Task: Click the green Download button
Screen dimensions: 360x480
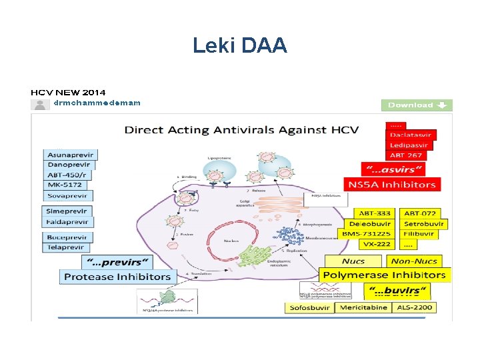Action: pyautogui.click(x=417, y=105)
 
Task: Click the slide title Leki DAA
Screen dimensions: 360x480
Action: pyautogui.click(x=240, y=45)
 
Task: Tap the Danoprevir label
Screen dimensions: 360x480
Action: pyautogui.click(x=69, y=165)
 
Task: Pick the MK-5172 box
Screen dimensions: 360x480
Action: pyautogui.click(x=65, y=185)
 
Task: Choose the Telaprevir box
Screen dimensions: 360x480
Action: pyautogui.click(x=66, y=247)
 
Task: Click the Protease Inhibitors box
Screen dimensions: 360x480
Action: pyautogui.click(x=117, y=276)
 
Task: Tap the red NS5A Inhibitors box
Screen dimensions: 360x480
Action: pyautogui.click(x=391, y=184)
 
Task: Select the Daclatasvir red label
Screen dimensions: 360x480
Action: pyautogui.click(x=411, y=135)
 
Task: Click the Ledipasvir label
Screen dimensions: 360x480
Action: pyautogui.click(x=410, y=145)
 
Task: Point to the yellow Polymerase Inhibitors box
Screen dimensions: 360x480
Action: pyautogui.click(x=383, y=275)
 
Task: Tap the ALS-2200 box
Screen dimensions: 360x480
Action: pyautogui.click(x=414, y=308)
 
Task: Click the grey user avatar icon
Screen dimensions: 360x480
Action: pyautogui.click(x=40, y=104)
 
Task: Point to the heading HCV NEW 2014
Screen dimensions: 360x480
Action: pyautogui.click(x=68, y=92)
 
